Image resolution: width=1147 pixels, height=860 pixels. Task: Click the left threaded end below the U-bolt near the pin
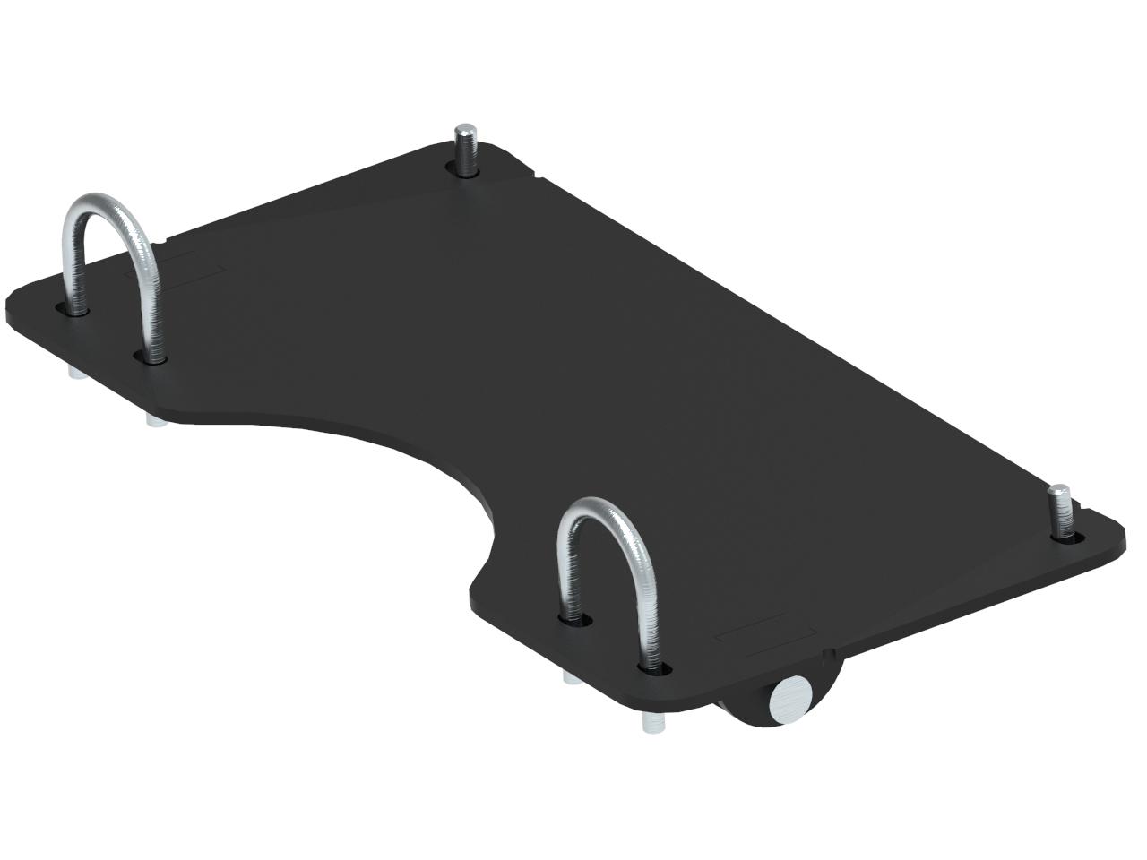(x=571, y=677)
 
